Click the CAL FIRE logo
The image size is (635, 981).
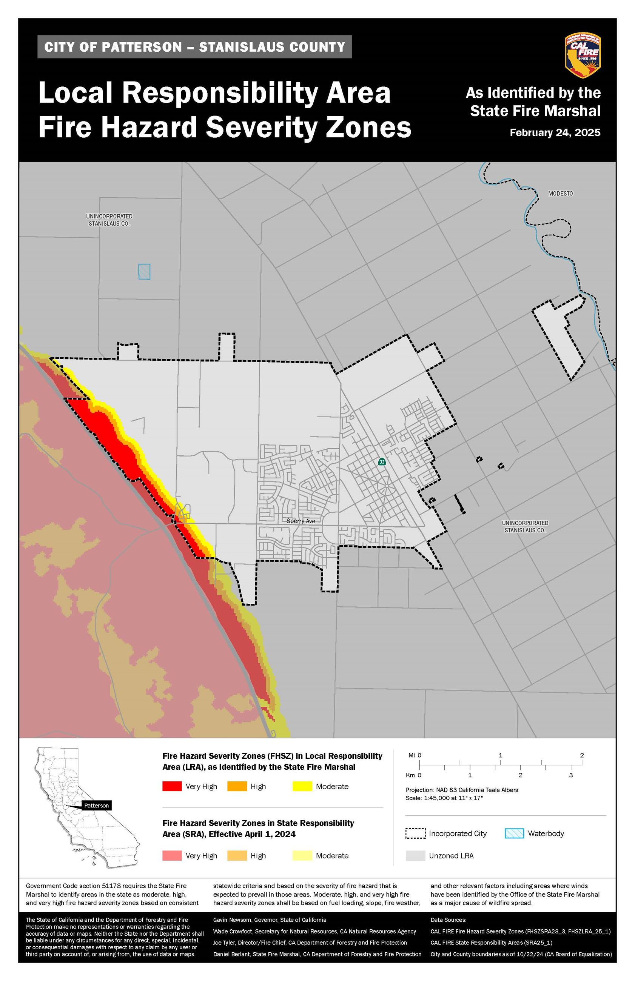(x=582, y=55)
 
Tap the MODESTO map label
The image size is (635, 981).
(x=560, y=193)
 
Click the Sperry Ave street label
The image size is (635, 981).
(x=301, y=521)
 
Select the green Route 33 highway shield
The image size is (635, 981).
(x=382, y=462)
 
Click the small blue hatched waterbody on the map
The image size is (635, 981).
(x=144, y=272)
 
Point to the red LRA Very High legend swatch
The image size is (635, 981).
(x=172, y=786)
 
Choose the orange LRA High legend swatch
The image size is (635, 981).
(x=237, y=786)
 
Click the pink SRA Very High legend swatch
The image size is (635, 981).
(x=172, y=855)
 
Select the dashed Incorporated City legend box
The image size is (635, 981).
(x=415, y=833)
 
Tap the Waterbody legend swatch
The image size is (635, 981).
(x=514, y=833)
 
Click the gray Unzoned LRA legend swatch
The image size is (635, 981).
(x=415, y=855)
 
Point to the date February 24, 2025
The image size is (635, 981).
(x=555, y=133)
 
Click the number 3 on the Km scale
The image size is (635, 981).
(x=571, y=775)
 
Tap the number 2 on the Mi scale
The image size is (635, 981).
(x=582, y=755)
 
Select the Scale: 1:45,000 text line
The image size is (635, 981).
(x=444, y=798)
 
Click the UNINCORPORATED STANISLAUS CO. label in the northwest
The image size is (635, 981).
(x=109, y=220)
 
